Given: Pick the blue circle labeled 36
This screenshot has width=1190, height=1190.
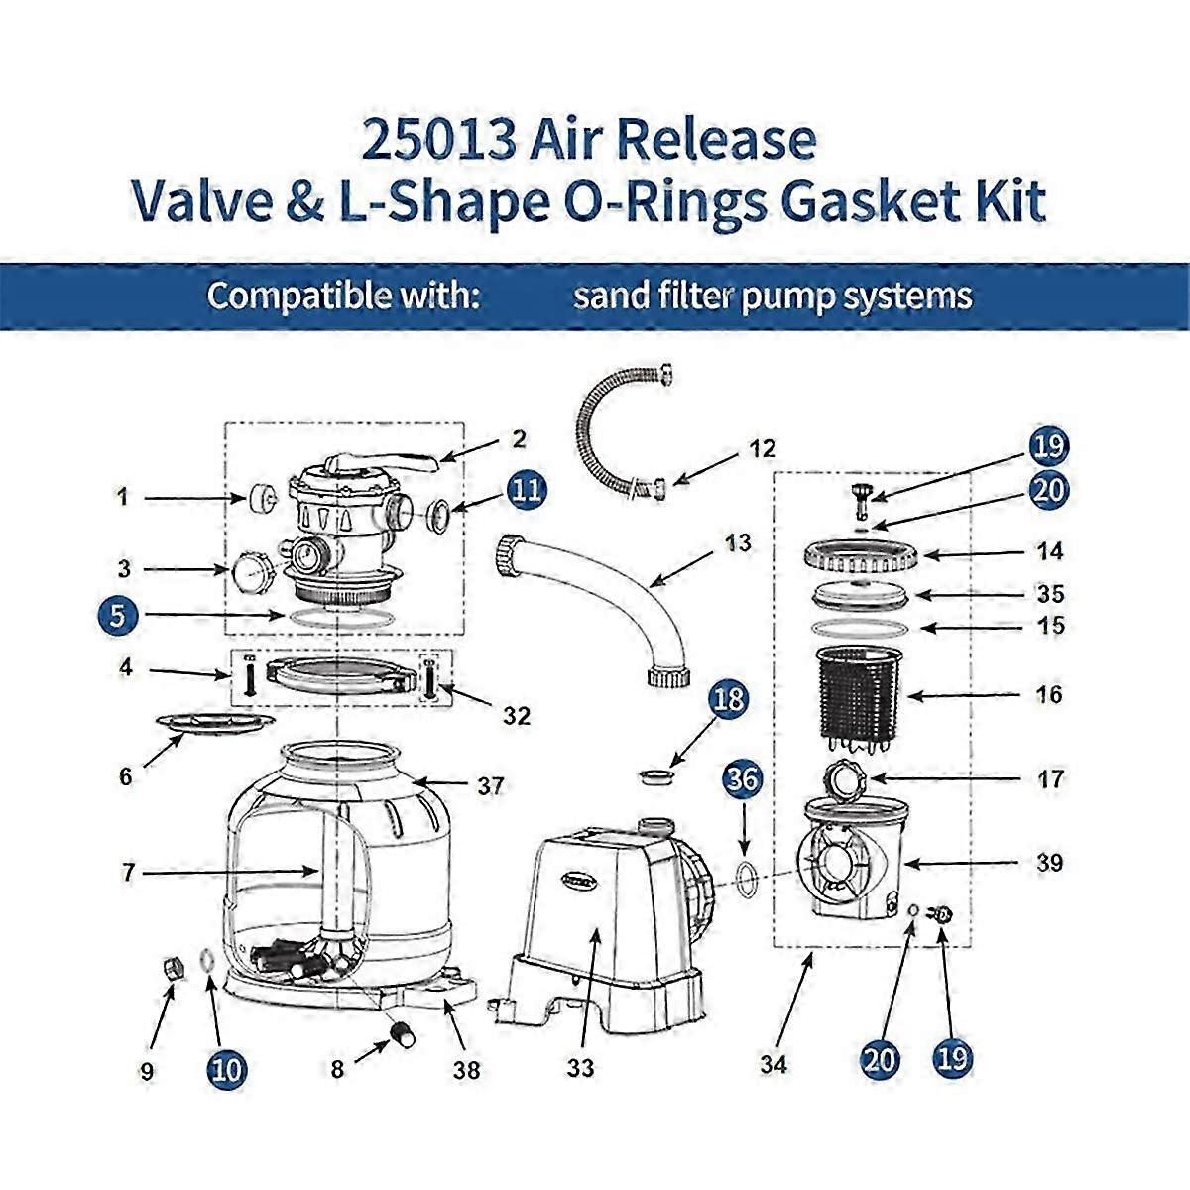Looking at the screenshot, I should click(745, 779).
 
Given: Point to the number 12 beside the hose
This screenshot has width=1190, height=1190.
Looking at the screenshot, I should click(762, 449).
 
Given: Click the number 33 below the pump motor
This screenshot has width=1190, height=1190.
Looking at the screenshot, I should click(581, 1068).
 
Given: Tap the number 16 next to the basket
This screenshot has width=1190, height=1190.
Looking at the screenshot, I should click(1049, 694).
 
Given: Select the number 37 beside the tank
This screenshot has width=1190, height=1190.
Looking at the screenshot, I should click(490, 786).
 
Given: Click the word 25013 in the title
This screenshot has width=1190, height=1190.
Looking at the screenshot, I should click(438, 141).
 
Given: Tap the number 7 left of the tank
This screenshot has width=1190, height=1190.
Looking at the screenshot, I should click(126, 873).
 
